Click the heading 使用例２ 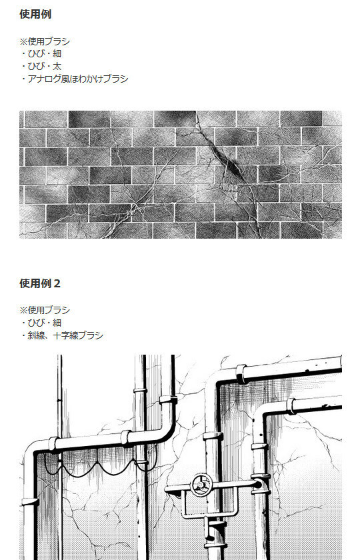coord(40,283)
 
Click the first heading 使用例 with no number coord(35,14)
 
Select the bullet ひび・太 coord(41,66)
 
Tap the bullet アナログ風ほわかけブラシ coord(74,79)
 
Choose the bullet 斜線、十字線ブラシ coord(62,335)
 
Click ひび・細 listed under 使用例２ coord(41,323)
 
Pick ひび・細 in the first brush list coord(41,53)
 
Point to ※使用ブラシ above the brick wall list coord(45,41)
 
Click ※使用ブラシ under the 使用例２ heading coord(45,310)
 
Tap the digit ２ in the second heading coord(57,283)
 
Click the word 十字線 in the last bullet coord(66,335)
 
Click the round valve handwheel coord(201,485)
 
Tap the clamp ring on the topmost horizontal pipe coord(241,374)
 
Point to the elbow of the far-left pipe coord(31,451)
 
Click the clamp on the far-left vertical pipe coord(30,501)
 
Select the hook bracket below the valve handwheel coord(215,525)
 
